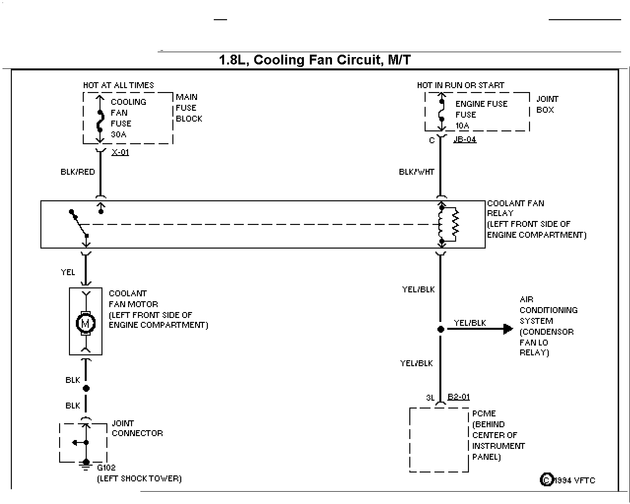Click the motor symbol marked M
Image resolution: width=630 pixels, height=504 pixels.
pos(86,323)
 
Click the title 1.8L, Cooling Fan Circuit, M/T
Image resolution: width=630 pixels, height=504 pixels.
pos(315,60)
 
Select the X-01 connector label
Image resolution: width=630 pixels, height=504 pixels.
pos(120,152)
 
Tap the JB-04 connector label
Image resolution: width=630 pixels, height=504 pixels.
pos(465,139)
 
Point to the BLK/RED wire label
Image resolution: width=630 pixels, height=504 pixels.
pos(77,172)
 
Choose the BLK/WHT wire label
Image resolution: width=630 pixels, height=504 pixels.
pos(417,172)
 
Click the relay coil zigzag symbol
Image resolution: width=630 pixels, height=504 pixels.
pos(455,224)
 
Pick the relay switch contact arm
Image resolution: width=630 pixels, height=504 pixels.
pos(79,223)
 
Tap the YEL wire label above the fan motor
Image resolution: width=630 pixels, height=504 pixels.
pos(67,272)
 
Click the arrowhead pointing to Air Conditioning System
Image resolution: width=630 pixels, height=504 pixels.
pos(508,329)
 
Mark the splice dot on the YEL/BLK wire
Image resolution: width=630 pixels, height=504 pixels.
pos(440,329)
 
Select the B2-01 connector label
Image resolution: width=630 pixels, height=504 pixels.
pos(459,397)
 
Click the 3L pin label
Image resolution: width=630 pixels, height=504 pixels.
pos(431,398)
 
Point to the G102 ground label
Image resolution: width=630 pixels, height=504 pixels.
pos(106,468)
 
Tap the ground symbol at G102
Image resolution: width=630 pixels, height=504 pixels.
pos(86,466)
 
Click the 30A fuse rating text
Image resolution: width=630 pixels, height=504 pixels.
pos(118,134)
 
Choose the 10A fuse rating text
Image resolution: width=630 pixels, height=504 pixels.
pos(462,126)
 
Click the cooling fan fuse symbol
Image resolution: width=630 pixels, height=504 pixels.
pos(100,121)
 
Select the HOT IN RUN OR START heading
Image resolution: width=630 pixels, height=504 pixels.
pos(461,86)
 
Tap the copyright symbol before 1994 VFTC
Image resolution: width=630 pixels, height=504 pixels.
pos(547,480)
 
